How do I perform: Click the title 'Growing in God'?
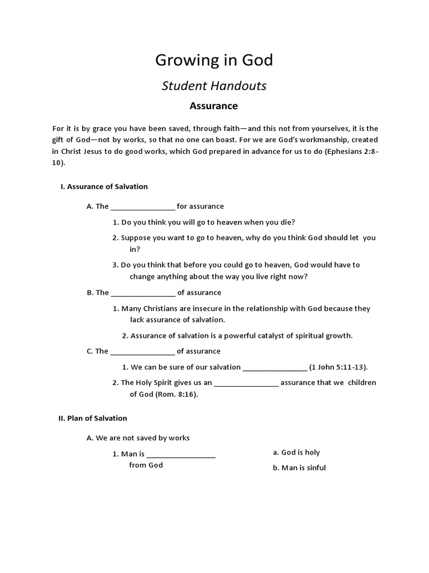pos(214,60)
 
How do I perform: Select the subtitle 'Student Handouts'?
pos(214,86)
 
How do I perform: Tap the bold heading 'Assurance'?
pos(214,106)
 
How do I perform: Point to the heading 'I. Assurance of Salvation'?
pos(104,186)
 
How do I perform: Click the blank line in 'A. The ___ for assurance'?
pos(143,207)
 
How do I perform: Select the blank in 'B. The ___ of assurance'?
pos(143,293)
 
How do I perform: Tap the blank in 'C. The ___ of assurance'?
pos(143,352)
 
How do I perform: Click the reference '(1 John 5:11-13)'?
pos(339,367)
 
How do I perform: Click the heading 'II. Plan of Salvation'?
pos(93,418)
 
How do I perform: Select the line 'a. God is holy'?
pos(296,452)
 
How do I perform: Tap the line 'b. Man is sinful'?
pos(299,468)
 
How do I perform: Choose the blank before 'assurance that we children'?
pos(246,383)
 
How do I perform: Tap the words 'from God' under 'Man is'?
pos(146,466)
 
